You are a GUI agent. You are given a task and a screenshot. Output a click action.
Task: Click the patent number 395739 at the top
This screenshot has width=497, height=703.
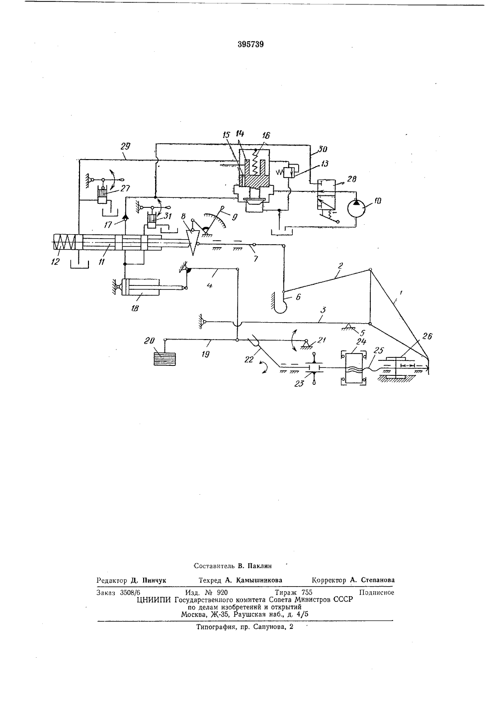click(x=250, y=45)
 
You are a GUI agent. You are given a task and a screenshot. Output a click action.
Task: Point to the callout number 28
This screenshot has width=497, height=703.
click(x=352, y=179)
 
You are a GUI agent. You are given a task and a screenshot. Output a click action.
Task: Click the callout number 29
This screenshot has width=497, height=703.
click(x=126, y=146)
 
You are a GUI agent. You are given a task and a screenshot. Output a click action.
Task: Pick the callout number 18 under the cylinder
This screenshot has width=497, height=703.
click(x=135, y=308)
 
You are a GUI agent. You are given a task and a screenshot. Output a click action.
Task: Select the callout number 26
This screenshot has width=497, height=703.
click(x=427, y=336)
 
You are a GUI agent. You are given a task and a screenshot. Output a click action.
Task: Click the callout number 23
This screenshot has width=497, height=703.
click(x=299, y=383)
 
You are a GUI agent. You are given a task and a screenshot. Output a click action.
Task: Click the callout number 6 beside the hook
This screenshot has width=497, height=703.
click(x=298, y=296)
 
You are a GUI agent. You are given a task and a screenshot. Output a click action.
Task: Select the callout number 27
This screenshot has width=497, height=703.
click(x=126, y=188)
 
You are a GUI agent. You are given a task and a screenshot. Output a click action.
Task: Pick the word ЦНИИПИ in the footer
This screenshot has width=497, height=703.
click(x=154, y=600)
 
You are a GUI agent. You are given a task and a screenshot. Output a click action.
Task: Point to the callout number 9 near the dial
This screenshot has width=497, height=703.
click(x=235, y=217)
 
